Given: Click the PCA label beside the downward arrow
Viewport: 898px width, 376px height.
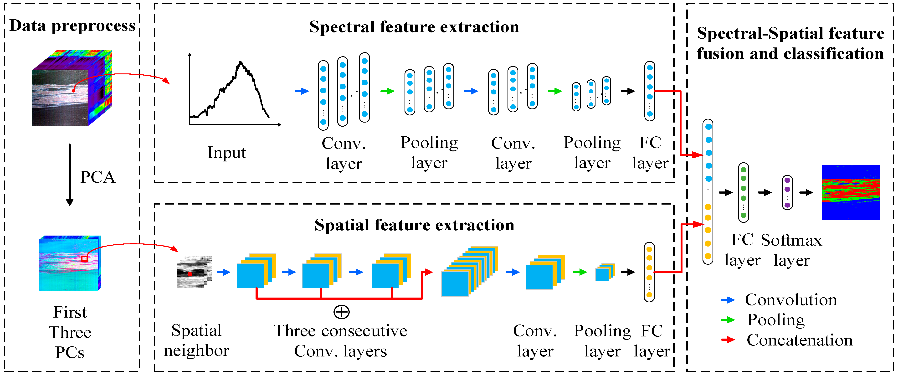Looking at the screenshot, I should pyautogui.click(x=97, y=177).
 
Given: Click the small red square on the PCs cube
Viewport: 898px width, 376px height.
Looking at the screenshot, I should pyautogui.click(x=84, y=258).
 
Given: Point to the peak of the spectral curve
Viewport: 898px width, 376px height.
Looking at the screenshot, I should pyautogui.click(x=241, y=63).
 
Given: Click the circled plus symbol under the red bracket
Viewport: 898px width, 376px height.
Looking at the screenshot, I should pyautogui.click(x=341, y=312).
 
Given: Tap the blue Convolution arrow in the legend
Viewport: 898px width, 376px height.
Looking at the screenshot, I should pyautogui.click(x=728, y=300).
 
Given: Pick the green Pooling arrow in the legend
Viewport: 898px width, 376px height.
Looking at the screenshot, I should pyautogui.click(x=728, y=320).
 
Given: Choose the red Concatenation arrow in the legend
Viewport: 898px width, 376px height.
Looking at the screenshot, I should pyautogui.click(x=728, y=340).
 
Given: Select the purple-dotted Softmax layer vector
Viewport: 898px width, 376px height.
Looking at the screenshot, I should pyautogui.click(x=787, y=193).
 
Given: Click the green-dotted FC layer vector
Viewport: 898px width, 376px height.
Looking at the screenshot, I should pyautogui.click(x=744, y=193).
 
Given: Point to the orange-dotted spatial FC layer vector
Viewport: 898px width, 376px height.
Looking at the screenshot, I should pyautogui.click(x=649, y=272).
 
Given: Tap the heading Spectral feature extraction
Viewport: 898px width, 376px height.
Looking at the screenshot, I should pyautogui.click(x=414, y=27).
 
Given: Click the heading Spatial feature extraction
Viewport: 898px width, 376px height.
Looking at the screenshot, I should pyautogui.click(x=414, y=225).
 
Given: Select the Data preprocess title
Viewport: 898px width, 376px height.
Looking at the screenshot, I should pyautogui.click(x=72, y=26).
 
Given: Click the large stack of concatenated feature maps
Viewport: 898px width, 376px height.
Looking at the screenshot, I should pyautogui.click(x=469, y=272).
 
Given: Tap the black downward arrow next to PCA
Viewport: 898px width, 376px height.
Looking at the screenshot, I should pyautogui.click(x=70, y=174).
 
